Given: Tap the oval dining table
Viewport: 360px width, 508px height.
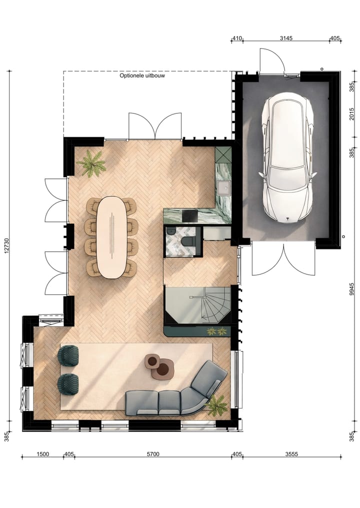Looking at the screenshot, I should (111, 237).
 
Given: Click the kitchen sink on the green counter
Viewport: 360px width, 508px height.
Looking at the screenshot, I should (222, 187).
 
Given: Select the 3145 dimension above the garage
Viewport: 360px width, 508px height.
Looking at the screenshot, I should (286, 38).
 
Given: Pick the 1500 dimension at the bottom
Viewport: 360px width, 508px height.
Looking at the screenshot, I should (42, 454).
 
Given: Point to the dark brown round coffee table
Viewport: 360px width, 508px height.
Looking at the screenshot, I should (163, 370).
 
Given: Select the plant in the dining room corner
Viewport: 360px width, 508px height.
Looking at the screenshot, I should (91, 163).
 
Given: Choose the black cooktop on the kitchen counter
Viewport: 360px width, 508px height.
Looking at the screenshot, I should (189, 215).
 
